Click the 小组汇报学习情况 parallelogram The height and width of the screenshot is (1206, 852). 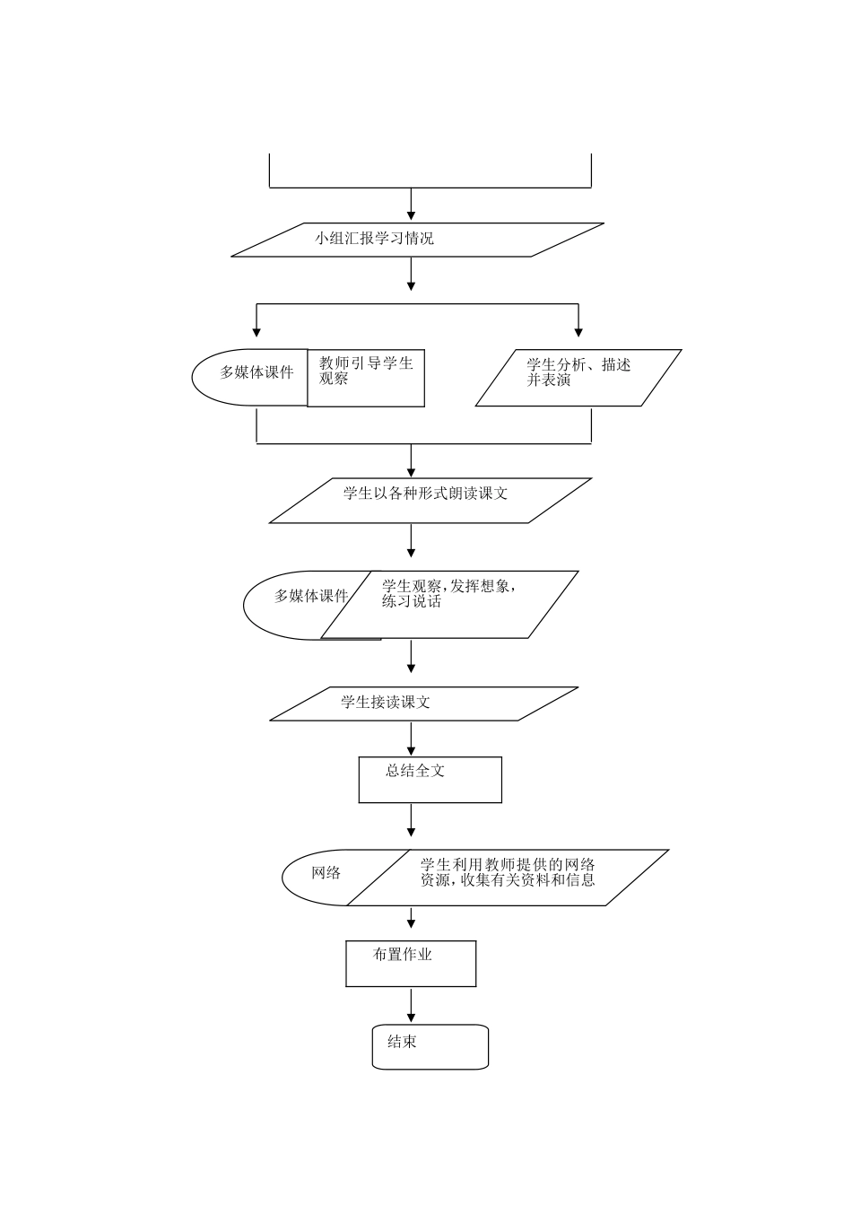417,240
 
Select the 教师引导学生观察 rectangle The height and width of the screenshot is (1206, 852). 366,377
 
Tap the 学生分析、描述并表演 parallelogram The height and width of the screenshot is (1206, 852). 578,378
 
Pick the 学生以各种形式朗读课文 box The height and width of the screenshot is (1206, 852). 430,500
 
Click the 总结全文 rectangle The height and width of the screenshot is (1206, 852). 430,779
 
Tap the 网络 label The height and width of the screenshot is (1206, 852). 326,873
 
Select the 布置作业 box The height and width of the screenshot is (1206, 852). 411,963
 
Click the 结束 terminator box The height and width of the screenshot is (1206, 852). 430,1046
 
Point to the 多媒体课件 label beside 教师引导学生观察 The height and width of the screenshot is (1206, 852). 256,372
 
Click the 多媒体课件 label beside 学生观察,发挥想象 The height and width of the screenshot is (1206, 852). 310,596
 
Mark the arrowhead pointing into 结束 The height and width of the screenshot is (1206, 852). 412,1018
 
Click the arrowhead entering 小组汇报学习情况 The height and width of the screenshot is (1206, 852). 412,215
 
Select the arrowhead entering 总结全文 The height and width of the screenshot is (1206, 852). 412,750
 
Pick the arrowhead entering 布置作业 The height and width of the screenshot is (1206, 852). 412,923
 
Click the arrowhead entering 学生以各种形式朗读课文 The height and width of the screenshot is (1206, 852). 412,471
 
